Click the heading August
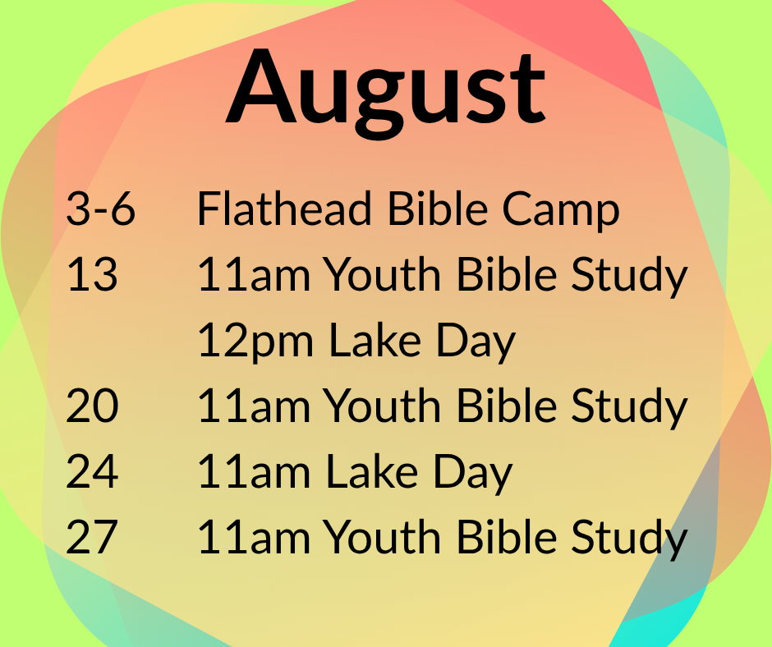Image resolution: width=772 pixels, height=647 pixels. (x=385, y=91)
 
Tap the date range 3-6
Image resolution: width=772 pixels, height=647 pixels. (x=100, y=209)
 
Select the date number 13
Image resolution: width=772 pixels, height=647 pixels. (x=92, y=274)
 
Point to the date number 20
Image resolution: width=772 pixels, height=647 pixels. (x=92, y=406)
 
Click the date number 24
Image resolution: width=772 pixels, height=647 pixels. (x=92, y=471)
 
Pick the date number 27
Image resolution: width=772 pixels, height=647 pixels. (x=92, y=537)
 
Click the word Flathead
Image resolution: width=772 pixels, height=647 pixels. (x=284, y=209)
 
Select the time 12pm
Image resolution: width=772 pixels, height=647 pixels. (x=255, y=342)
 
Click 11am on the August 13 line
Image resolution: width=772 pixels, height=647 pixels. (x=254, y=274)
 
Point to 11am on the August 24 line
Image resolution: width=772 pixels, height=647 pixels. (x=254, y=471)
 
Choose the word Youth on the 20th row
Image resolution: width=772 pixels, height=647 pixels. (x=382, y=406)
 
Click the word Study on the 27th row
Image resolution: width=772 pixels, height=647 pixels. (x=629, y=539)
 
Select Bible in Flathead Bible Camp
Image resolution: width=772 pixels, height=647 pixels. (x=438, y=209)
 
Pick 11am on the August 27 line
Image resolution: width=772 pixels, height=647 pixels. (x=254, y=537)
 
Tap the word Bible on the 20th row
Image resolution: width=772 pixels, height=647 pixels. (x=507, y=406)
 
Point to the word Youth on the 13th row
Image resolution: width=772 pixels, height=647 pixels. (x=382, y=273)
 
